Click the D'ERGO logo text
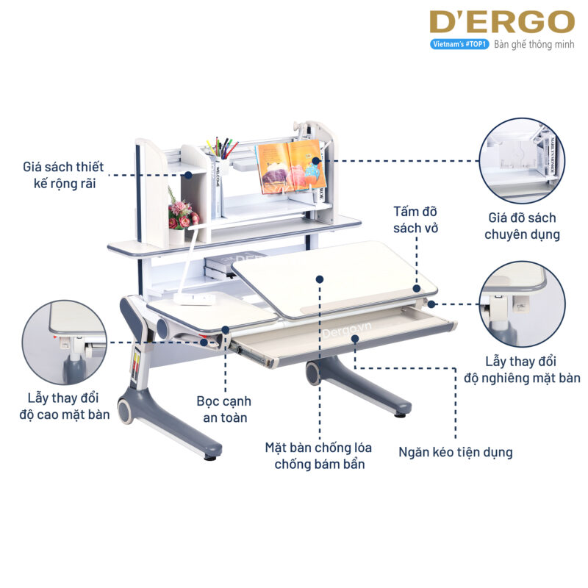click(502, 22)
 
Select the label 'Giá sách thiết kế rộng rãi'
click(65, 174)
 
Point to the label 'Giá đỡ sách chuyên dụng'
click(523, 226)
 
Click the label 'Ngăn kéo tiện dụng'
click(456, 451)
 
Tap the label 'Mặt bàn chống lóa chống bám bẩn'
click(319, 455)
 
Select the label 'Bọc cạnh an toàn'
click(223, 409)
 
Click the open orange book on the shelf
click(290, 167)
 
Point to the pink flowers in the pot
click(180, 213)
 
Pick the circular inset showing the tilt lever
click(523, 304)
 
